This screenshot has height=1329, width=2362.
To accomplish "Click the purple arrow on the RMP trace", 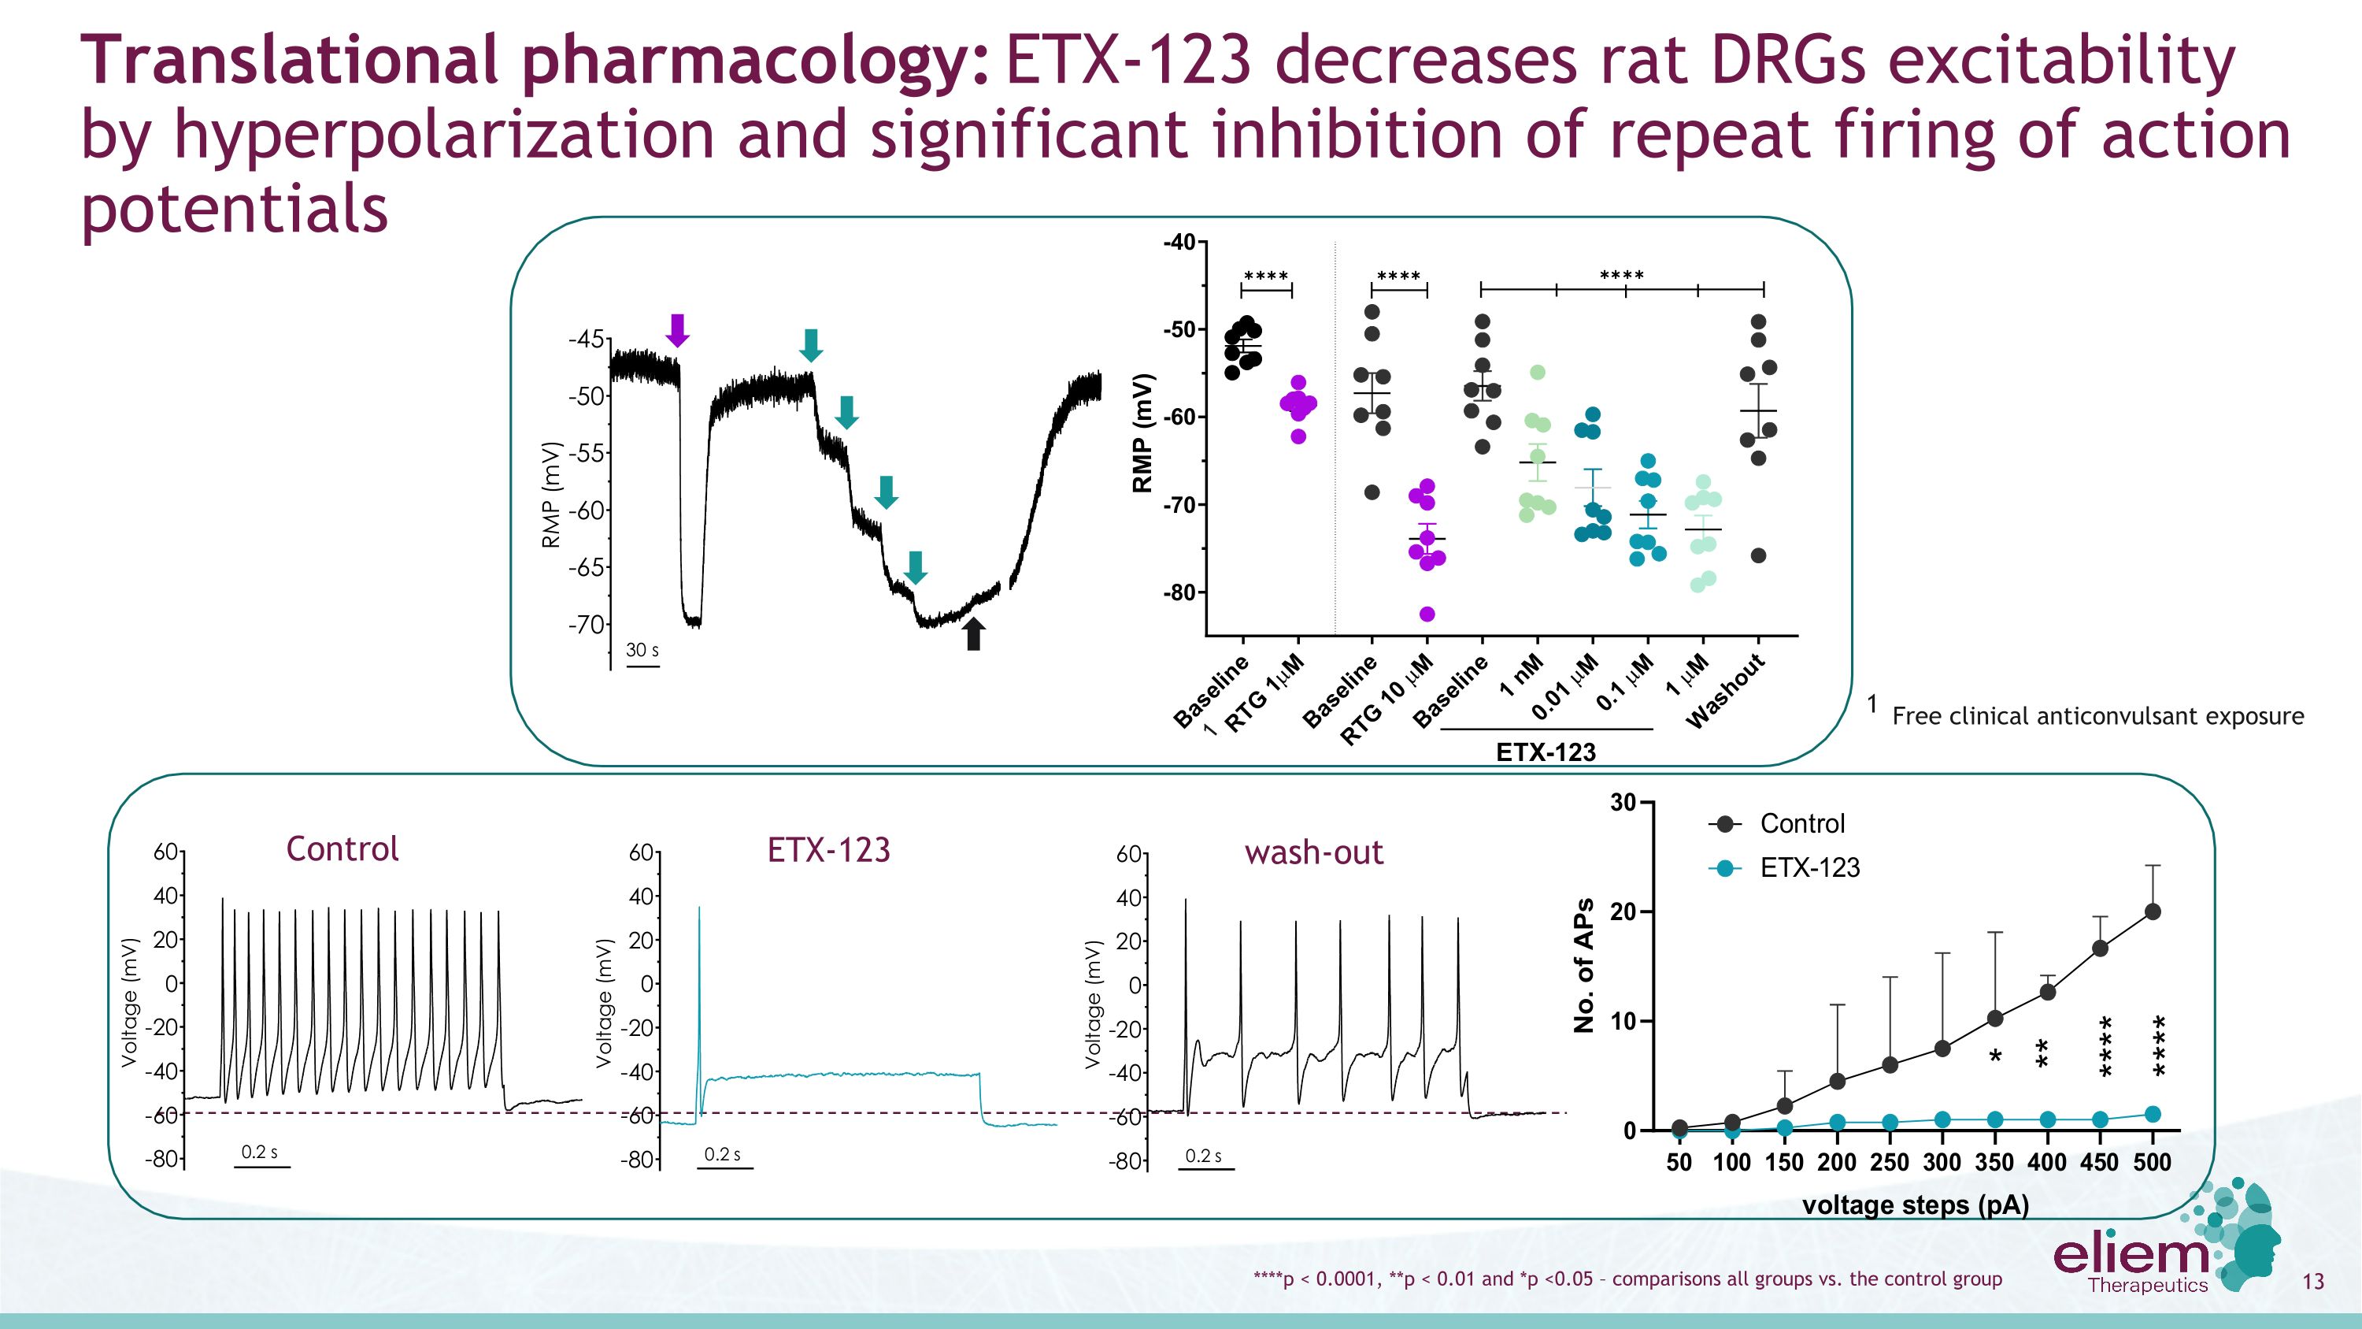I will tap(676, 329).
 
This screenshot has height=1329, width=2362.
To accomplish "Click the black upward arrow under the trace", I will tap(974, 633).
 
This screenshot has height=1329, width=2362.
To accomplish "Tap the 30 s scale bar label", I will tap(642, 649).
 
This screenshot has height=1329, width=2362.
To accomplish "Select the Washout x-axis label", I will tap(1727, 691).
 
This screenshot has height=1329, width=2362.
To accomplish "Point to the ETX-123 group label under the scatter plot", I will tap(1546, 752).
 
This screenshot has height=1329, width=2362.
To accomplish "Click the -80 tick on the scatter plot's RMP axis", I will tap(1179, 592).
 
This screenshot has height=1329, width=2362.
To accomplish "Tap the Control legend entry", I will tap(1801, 823).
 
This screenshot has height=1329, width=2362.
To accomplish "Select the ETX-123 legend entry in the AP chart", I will tap(1809, 867).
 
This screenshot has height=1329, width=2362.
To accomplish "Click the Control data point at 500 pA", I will tap(2153, 911).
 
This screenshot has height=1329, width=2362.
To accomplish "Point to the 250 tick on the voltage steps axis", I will tap(1890, 1162).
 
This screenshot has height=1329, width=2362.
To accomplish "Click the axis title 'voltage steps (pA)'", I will tap(1916, 1205).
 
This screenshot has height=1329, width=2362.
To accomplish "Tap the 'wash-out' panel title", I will tap(1313, 852).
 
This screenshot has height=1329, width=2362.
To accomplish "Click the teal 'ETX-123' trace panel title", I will tap(828, 849).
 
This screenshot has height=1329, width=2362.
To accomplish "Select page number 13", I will tap(2313, 1280).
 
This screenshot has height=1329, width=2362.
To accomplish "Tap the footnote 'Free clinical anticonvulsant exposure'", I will tap(2097, 716).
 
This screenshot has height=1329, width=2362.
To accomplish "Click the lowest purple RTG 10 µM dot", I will tap(1427, 614).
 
